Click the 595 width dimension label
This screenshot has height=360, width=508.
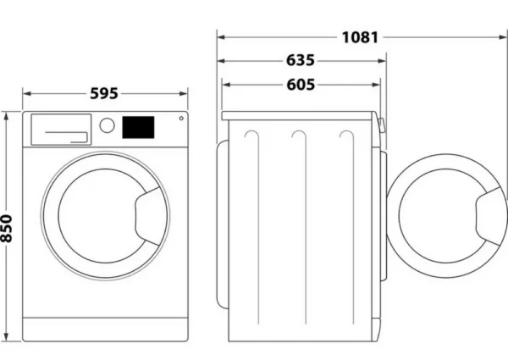(x=104, y=94)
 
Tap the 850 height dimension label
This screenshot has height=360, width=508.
(x=6, y=229)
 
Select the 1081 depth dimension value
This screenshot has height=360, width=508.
(x=361, y=37)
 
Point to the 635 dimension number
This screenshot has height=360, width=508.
(x=301, y=61)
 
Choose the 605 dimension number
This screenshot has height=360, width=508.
(x=301, y=85)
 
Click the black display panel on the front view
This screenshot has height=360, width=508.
(x=138, y=127)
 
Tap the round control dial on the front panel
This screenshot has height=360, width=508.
(x=107, y=125)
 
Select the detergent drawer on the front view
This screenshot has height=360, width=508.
(x=61, y=130)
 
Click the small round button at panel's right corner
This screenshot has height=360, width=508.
(x=181, y=119)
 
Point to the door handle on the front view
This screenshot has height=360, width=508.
(x=148, y=216)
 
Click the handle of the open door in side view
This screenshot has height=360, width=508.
(x=489, y=216)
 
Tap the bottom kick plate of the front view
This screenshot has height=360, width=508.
(x=105, y=330)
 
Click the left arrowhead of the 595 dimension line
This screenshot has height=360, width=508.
(x=27, y=94)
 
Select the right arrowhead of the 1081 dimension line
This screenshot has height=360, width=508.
(x=503, y=37)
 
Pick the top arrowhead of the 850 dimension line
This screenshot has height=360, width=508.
(x=6, y=116)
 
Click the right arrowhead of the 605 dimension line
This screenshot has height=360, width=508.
(x=376, y=85)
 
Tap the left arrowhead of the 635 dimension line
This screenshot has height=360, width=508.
(x=221, y=61)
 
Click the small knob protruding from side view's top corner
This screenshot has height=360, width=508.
(x=382, y=125)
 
